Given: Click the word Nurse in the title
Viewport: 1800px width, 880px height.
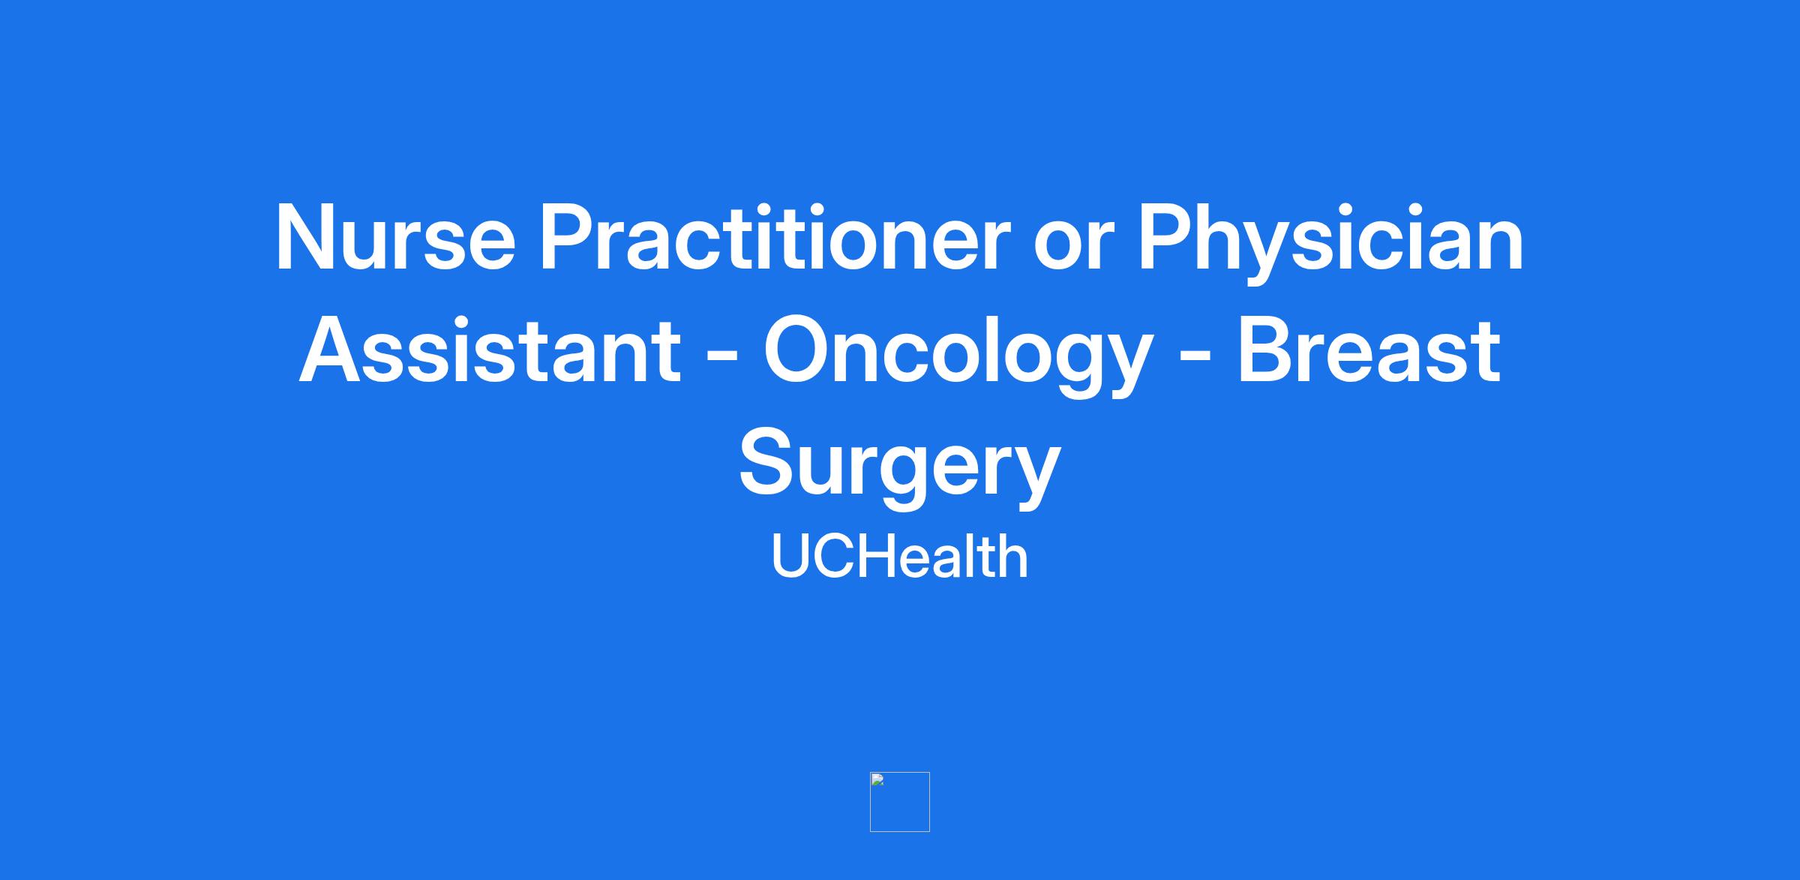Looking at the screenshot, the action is pos(396,237).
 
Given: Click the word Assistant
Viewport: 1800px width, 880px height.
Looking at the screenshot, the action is pos(490,351).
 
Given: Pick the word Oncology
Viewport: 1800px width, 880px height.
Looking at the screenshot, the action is pos(956,357).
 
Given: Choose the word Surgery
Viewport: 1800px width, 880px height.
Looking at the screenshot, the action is pos(900,470).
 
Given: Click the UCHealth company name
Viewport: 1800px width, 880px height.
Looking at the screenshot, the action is pos(900,556).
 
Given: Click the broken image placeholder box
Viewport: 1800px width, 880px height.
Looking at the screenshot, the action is pos(900,802).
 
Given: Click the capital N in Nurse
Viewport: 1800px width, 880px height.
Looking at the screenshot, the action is pos(304,237).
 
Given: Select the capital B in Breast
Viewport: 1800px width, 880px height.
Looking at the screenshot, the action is pos(1266,350).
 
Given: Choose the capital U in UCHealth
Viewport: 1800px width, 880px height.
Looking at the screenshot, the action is pos(790,557).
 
